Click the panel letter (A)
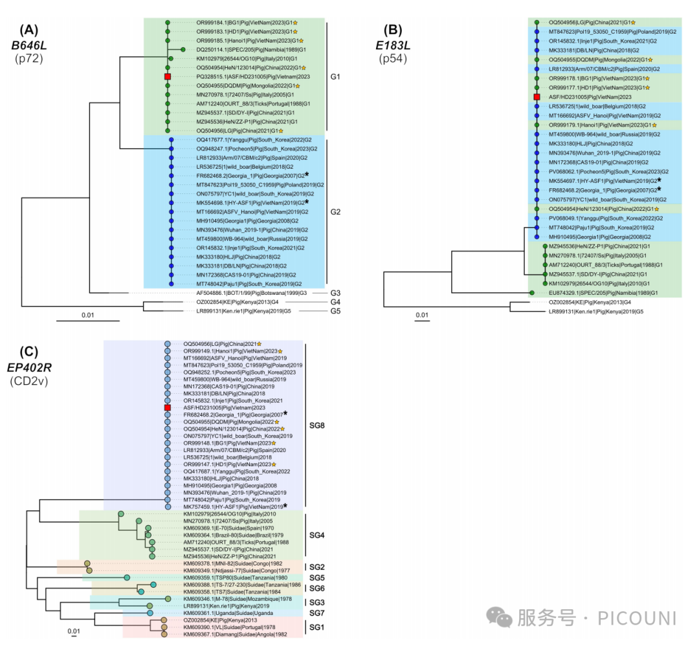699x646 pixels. pyautogui.click(x=30, y=28)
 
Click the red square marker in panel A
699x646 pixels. pyautogui.click(x=168, y=76)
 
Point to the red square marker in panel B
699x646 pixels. pyautogui.click(x=537, y=96)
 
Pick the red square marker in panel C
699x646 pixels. pyautogui.click(x=167, y=408)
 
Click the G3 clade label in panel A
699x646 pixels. pyautogui.click(x=336, y=292)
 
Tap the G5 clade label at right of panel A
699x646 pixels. pyautogui.click(x=336, y=311)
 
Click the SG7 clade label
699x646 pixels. pyautogui.click(x=316, y=612)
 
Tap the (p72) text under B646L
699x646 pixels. pyautogui.click(x=30, y=59)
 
